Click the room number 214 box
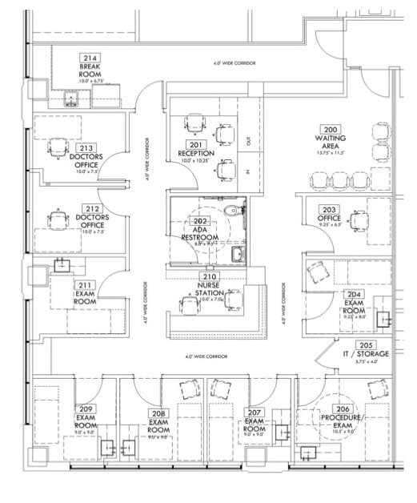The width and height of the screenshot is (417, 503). pos(89,58)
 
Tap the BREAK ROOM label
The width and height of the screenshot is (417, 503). pos(89,70)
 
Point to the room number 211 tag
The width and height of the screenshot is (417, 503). pos(86,284)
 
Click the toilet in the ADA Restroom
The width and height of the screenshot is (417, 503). pos(233,212)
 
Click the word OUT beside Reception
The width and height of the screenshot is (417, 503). pos(249,140)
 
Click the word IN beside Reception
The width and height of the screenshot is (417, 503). pos(249,171)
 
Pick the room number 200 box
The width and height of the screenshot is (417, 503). pos(329,128)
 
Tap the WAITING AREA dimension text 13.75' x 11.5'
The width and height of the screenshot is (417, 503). pos(329,152)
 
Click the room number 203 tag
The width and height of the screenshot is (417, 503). pos(329,209)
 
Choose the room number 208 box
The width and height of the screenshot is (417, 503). pos(158,413)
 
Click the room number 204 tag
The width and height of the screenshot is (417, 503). pos(355,295)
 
